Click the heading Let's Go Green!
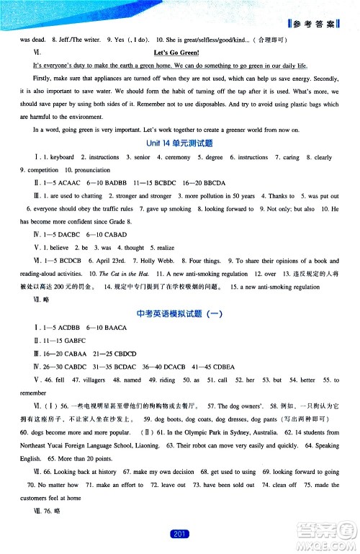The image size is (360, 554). [x=180, y=53]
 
